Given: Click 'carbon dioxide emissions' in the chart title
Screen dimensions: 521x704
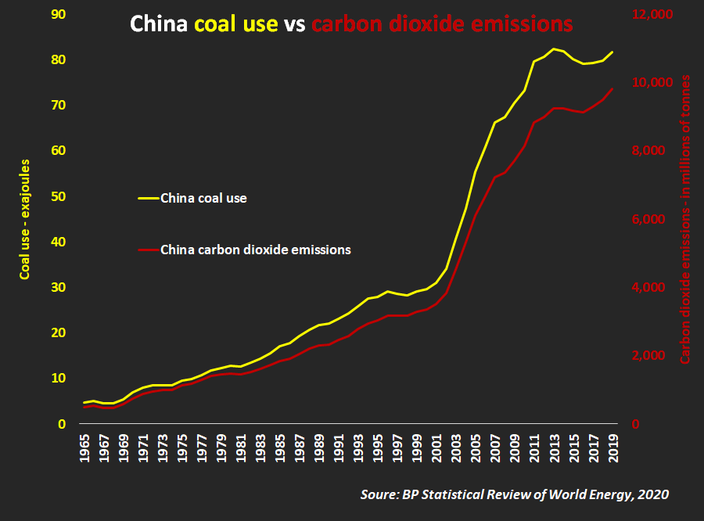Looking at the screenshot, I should (x=442, y=23).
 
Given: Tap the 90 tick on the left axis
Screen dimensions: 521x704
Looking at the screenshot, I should (x=57, y=15).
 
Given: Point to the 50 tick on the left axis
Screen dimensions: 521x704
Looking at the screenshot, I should (x=57, y=196).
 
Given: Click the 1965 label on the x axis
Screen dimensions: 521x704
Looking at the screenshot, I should (x=85, y=448).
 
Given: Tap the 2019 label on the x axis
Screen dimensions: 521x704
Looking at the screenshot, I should (x=612, y=448).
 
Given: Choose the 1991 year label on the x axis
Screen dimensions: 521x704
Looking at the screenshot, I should (x=339, y=448).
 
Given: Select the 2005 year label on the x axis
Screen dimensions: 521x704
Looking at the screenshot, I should (x=476, y=448).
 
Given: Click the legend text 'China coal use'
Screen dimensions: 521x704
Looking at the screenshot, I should (x=203, y=198).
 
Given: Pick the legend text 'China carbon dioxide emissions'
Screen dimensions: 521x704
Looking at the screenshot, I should (x=255, y=250).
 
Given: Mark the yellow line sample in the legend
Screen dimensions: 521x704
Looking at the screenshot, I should (x=148, y=198).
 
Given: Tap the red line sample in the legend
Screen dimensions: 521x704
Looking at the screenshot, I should (x=148, y=250).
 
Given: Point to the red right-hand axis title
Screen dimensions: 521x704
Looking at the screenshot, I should (x=685, y=219).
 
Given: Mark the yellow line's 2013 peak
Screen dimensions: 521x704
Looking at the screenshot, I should (x=554, y=49).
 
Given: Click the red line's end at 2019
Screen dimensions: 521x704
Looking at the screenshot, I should (x=612, y=88).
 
